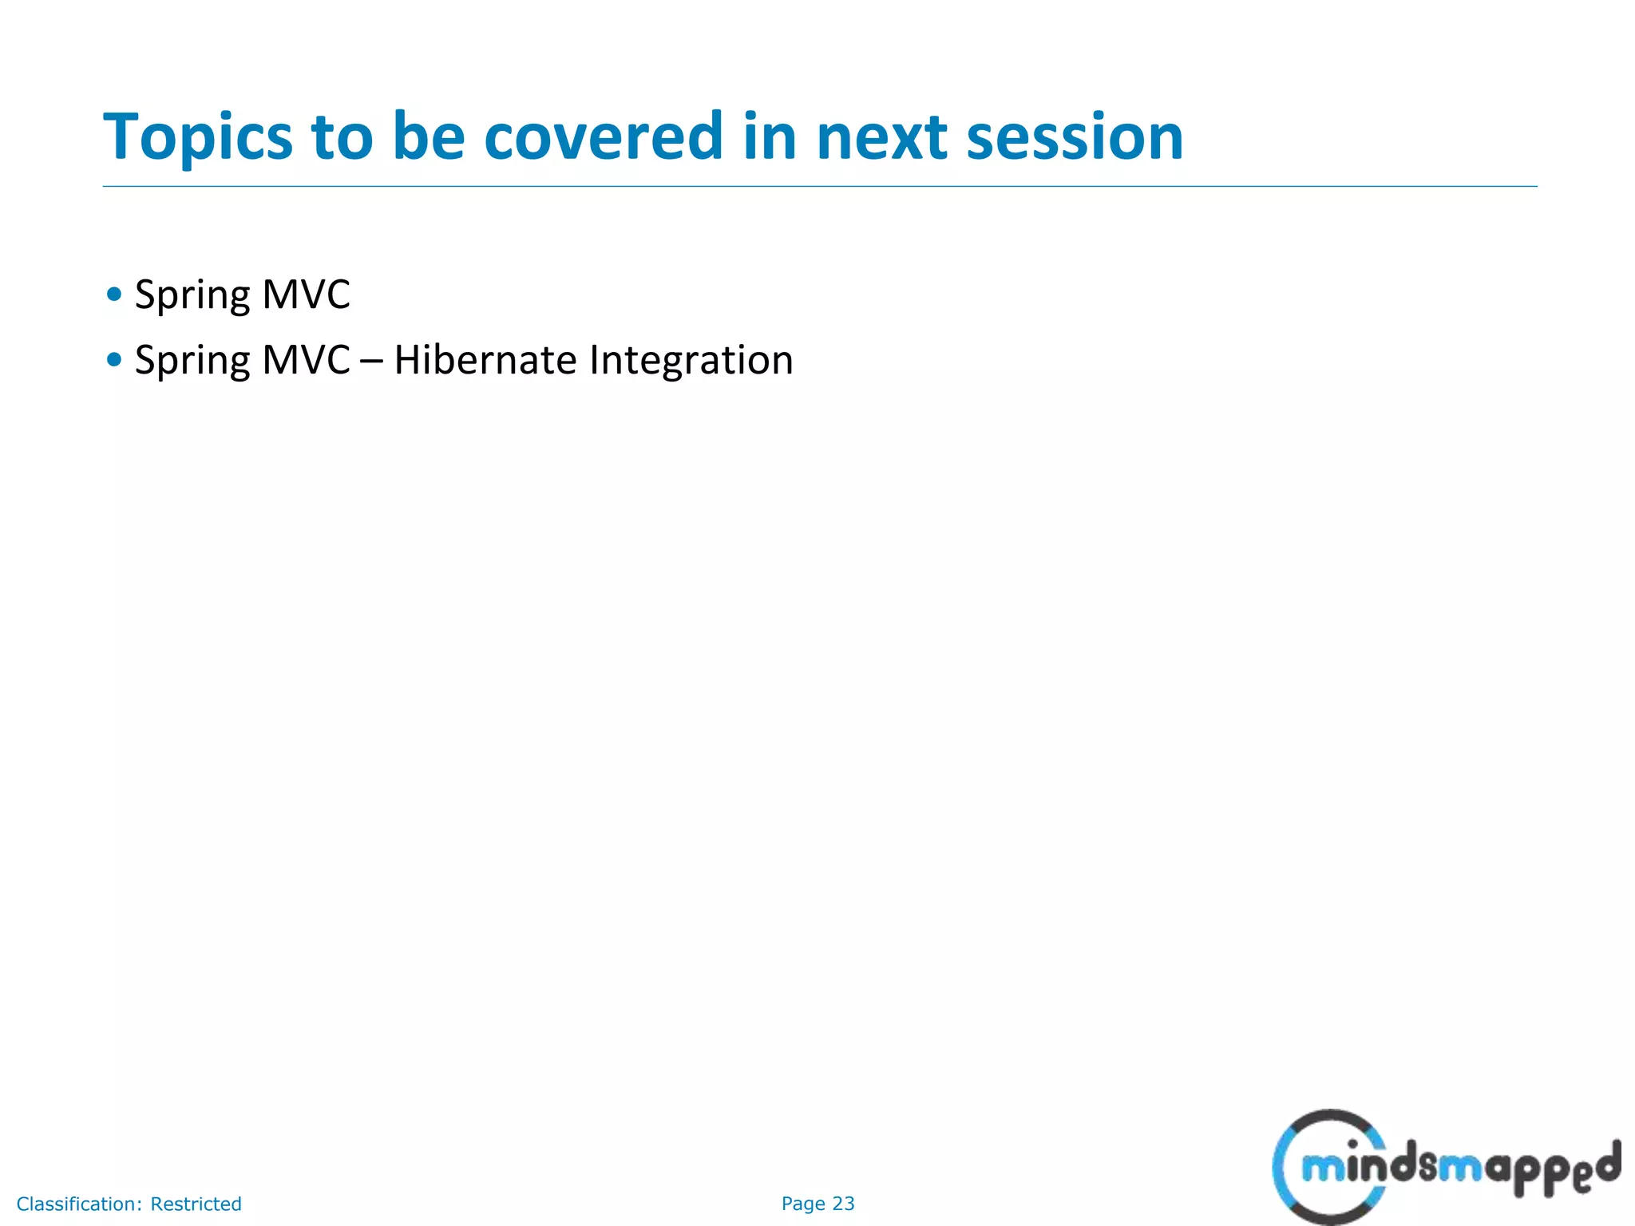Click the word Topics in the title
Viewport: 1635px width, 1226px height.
coord(198,137)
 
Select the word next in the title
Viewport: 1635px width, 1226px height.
coord(881,137)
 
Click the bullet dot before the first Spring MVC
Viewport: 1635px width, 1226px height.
coord(114,295)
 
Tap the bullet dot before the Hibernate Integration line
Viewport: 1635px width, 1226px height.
coord(114,360)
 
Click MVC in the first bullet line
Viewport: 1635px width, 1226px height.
coord(306,295)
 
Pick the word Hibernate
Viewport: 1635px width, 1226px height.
coord(485,360)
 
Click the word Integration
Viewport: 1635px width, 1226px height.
coord(691,361)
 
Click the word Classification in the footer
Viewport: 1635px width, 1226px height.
coord(78,1204)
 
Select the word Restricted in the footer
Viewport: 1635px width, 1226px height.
coord(196,1204)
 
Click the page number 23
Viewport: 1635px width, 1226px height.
coord(843,1204)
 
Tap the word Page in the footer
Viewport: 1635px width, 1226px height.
coord(803,1204)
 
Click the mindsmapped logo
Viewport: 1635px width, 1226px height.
coord(1445,1168)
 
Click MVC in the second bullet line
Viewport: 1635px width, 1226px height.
coord(306,360)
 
